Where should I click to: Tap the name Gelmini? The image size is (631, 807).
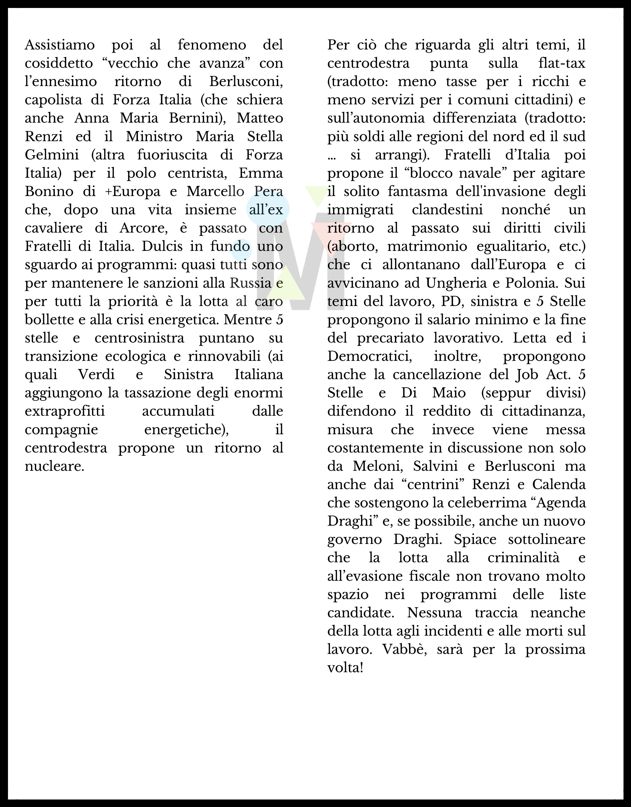tap(52, 155)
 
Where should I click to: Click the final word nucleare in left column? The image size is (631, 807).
tap(54, 466)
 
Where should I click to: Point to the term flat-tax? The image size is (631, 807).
tap(562, 64)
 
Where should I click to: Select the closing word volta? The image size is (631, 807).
tap(345, 668)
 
